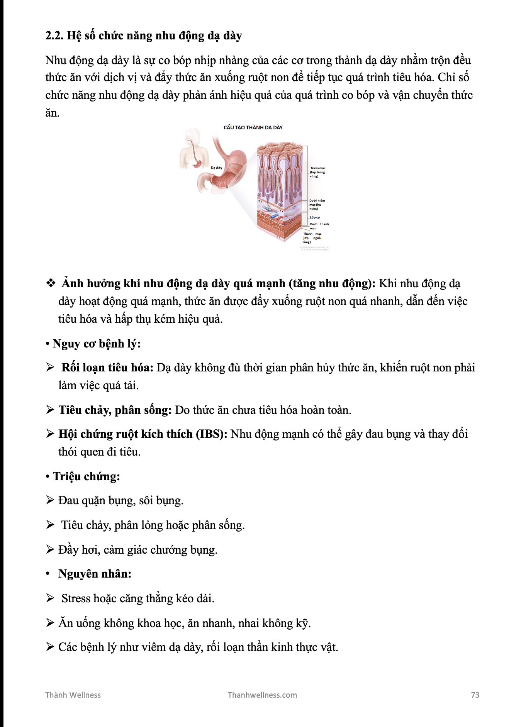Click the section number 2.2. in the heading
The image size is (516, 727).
54,36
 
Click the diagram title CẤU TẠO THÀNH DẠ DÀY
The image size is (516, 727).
253,127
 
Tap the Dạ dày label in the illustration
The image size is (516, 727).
216,168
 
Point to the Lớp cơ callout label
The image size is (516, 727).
315,217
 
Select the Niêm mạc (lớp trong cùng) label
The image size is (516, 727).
317,172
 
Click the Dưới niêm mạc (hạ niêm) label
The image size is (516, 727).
317,205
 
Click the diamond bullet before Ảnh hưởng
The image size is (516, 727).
51,283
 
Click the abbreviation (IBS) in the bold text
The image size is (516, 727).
212,434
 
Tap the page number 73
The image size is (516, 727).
475,695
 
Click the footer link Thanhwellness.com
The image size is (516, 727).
262,695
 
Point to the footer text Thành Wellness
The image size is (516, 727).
73,695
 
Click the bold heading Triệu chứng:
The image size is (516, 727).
86,476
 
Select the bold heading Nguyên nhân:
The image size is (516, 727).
95,574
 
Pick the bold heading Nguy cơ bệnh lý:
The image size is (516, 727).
96,344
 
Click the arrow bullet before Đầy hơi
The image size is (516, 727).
50,549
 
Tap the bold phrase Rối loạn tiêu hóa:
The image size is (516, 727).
107,368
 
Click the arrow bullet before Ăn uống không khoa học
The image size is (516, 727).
50,623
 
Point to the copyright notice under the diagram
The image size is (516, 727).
314,248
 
